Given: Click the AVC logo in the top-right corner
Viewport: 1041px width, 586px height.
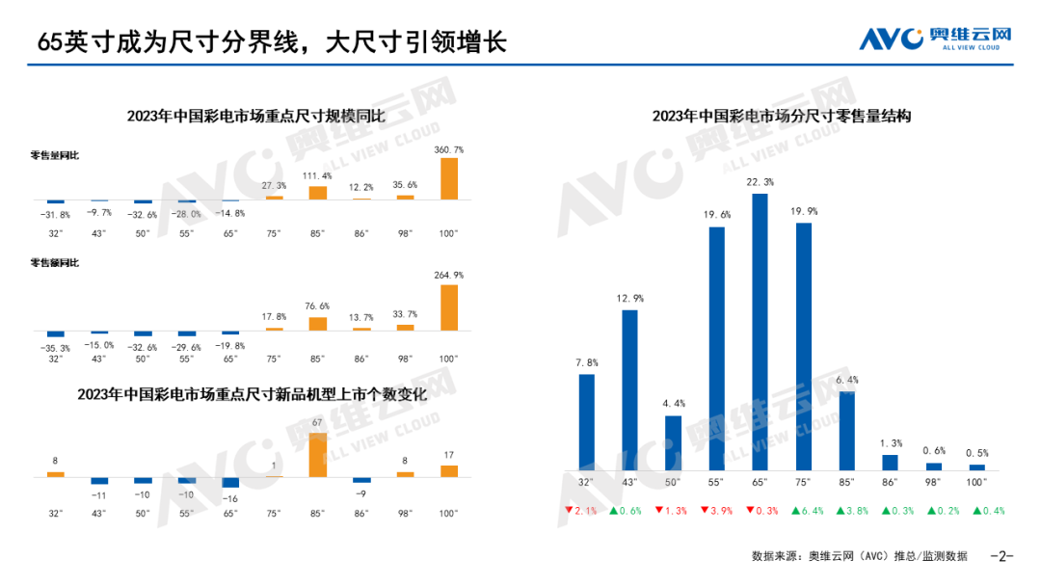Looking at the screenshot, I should tap(935, 38).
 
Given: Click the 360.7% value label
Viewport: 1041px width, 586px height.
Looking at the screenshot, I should tap(449, 150).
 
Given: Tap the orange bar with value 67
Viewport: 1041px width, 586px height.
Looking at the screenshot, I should tap(317, 454).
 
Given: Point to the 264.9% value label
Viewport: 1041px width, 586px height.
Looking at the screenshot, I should tap(449, 275).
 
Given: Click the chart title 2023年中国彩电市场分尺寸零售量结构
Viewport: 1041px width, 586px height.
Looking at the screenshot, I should tap(782, 116).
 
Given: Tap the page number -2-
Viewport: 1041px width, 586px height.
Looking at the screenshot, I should tap(1003, 556).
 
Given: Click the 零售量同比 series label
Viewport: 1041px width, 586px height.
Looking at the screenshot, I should tap(55, 154).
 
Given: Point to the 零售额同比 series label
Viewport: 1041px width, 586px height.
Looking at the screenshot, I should tap(55, 262).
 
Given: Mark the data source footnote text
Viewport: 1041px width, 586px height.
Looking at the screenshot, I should tap(859, 556).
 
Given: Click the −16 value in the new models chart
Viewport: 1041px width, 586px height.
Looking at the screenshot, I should tap(230, 498).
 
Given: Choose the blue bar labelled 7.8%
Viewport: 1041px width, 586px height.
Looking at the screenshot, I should tap(586, 420).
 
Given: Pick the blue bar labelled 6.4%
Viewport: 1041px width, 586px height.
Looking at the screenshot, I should tap(846, 430).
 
